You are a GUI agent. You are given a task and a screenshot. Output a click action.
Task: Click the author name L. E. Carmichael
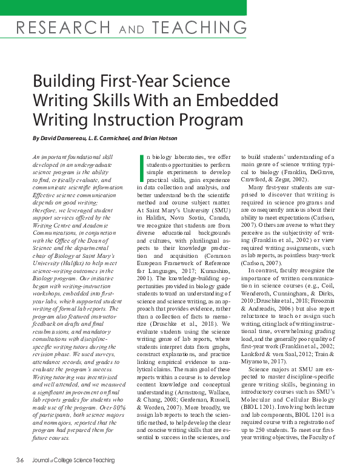click(x=125, y=138)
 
